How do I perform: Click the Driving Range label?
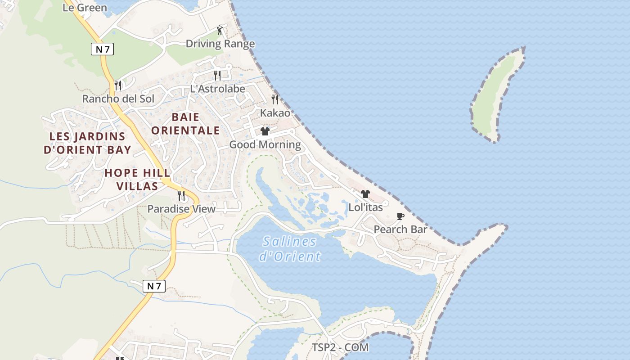coord(220,44)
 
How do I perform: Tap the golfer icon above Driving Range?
coord(220,30)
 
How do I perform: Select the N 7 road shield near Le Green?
coord(102,49)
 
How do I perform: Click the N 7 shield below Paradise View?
coord(154,286)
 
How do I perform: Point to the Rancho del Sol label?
coord(118,99)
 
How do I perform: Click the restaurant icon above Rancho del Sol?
coord(118,85)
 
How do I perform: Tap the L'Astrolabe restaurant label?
coord(217,89)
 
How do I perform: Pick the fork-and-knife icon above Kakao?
coord(275,99)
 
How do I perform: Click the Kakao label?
coord(275,113)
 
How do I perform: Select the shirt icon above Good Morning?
coord(265,131)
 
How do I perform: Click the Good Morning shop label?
coord(265,144)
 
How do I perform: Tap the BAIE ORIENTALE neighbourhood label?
coord(185,124)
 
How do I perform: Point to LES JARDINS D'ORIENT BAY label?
coord(87,143)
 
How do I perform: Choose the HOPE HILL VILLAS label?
coord(137,179)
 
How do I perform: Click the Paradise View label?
coord(181,209)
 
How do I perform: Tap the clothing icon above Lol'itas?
coord(365,194)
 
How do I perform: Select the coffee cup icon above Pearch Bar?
coord(400,216)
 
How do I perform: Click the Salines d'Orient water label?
coord(290,249)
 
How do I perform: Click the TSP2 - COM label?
coord(340,347)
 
